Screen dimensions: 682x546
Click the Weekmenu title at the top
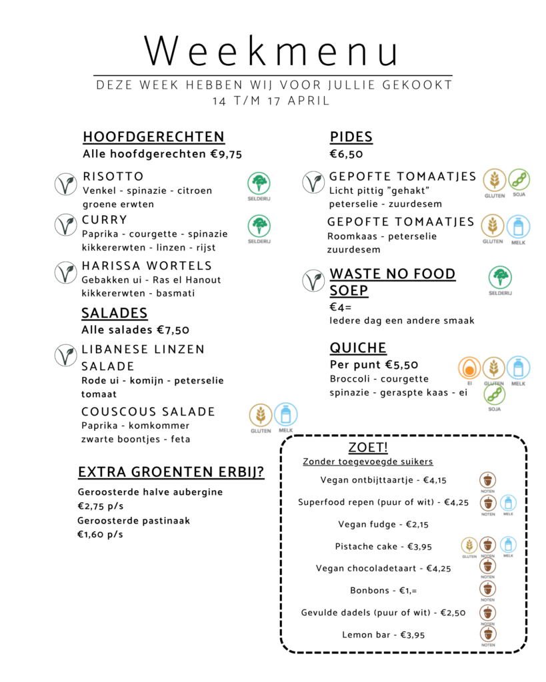point(272,51)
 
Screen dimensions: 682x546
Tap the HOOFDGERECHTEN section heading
point(153,137)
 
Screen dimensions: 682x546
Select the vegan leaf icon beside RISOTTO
point(65,184)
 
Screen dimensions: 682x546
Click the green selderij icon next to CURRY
point(259,226)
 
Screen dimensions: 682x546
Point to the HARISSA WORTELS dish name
point(147,266)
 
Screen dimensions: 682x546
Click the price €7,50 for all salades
point(173,330)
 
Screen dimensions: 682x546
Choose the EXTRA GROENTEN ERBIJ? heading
point(171,472)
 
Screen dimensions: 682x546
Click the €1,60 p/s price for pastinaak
point(100,534)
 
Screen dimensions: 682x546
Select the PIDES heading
point(351,137)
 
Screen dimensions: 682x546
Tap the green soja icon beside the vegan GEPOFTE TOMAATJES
point(519,180)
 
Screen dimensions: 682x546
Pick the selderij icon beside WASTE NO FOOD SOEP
point(500,278)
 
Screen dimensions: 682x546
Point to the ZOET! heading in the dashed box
point(368,447)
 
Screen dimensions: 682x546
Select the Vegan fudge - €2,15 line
point(383,525)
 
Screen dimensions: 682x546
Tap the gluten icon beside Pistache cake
point(469,545)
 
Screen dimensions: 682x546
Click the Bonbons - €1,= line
point(383,591)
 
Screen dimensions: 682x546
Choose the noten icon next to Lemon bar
point(488,634)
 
